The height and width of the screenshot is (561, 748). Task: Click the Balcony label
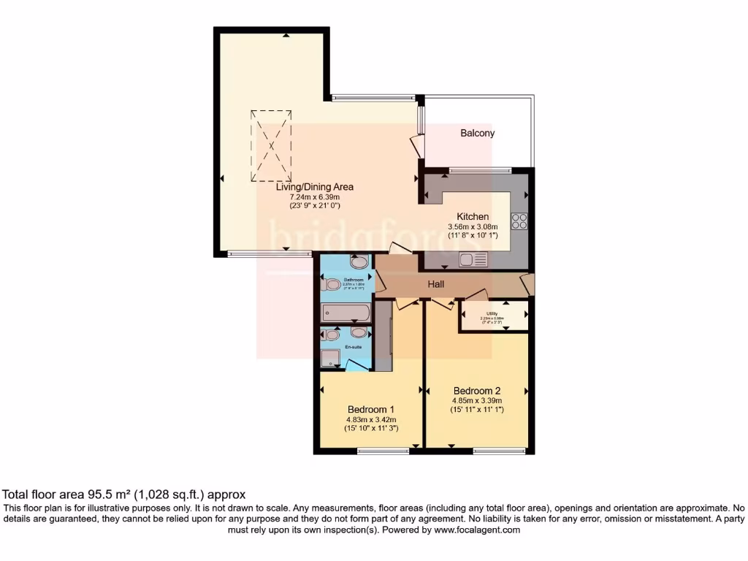[x=477, y=133]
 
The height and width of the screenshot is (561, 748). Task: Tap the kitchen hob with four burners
[x=519, y=221]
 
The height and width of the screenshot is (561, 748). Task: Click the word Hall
[x=436, y=284]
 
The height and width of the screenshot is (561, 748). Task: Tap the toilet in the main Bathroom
[x=331, y=284]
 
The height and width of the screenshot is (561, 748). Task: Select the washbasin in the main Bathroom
[x=359, y=262]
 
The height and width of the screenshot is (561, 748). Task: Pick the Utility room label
[x=492, y=314]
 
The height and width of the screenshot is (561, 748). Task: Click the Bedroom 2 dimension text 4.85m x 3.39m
[x=477, y=400]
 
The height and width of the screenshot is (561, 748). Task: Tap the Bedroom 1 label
[x=371, y=409]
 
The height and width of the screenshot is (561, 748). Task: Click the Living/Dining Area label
[x=315, y=187]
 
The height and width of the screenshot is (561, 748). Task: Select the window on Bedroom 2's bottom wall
[x=499, y=451]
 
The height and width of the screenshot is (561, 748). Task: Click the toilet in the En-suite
[x=331, y=335]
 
